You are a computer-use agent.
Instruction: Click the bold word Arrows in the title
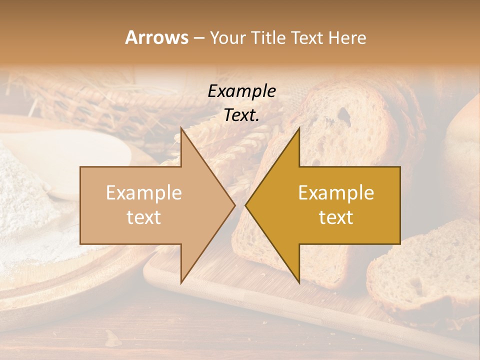[156, 37]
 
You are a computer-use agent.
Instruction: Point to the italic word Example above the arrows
[242, 91]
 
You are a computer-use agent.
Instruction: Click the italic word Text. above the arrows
[242, 115]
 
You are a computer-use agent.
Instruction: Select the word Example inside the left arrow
[144, 193]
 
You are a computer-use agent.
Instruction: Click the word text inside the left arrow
[144, 217]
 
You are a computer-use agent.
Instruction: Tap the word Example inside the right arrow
[336, 193]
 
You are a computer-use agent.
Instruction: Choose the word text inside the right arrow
[336, 217]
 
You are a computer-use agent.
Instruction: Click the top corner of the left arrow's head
[181, 128]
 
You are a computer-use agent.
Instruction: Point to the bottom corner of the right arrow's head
[299, 281]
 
